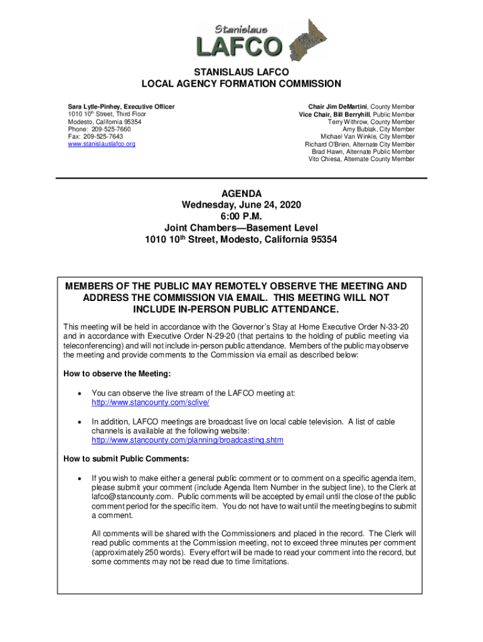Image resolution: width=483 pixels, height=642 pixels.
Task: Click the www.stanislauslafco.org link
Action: point(101,144)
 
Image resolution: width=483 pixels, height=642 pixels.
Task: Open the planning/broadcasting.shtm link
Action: point(188,440)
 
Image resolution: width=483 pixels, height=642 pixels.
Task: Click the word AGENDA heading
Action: point(242,194)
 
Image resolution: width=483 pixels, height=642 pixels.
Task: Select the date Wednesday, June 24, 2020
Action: point(242,205)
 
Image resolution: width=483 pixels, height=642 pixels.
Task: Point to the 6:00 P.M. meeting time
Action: point(242,216)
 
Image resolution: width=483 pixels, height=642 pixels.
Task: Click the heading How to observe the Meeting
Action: point(117,374)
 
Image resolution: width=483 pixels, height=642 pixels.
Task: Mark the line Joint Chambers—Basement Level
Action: point(242,228)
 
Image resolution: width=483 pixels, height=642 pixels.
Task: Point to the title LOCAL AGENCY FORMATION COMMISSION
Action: point(242,84)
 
